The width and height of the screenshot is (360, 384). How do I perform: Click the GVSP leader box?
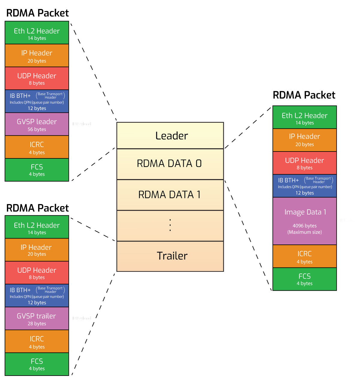click(x=37, y=124)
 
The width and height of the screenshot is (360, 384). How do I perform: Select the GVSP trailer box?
click(x=37, y=319)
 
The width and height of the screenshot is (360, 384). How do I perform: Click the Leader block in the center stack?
click(x=170, y=136)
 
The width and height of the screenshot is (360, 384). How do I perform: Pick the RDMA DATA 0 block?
click(x=170, y=164)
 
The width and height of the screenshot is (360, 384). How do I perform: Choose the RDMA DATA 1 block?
click(x=170, y=195)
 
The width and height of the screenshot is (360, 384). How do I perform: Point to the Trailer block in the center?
click(x=170, y=256)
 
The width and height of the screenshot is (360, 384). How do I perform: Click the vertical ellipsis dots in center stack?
click(x=170, y=225)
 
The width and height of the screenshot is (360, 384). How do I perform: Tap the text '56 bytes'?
click(x=37, y=129)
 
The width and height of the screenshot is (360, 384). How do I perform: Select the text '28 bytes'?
click(x=37, y=324)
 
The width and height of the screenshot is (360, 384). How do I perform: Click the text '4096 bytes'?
click(x=304, y=226)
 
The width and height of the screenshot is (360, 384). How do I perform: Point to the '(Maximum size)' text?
click(x=304, y=232)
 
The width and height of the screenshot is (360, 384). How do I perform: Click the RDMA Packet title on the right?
click(x=304, y=95)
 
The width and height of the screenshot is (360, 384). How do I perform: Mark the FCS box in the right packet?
click(x=304, y=279)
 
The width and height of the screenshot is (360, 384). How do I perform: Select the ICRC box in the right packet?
click(x=304, y=256)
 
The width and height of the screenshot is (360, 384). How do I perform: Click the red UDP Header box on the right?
click(x=304, y=163)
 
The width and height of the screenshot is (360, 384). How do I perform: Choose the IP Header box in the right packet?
click(x=304, y=140)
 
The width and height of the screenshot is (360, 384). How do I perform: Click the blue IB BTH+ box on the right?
click(x=304, y=186)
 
